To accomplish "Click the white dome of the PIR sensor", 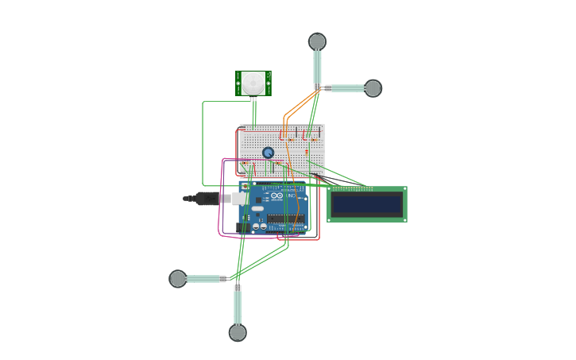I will [253, 82].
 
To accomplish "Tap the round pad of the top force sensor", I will [317, 41].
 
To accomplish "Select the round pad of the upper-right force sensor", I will [373, 88].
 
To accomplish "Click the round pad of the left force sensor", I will [178, 278].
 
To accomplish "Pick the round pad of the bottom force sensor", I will [238, 333].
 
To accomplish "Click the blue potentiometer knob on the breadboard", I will [269, 153].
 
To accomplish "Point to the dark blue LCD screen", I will [367, 205].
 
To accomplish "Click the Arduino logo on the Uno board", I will [276, 195].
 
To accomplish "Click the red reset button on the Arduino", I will [245, 186].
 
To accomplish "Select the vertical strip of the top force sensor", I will [317, 67].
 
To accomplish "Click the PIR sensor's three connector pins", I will [253, 99].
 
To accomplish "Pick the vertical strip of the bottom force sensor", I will [238, 307].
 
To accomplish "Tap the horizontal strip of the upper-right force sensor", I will [346, 88].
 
